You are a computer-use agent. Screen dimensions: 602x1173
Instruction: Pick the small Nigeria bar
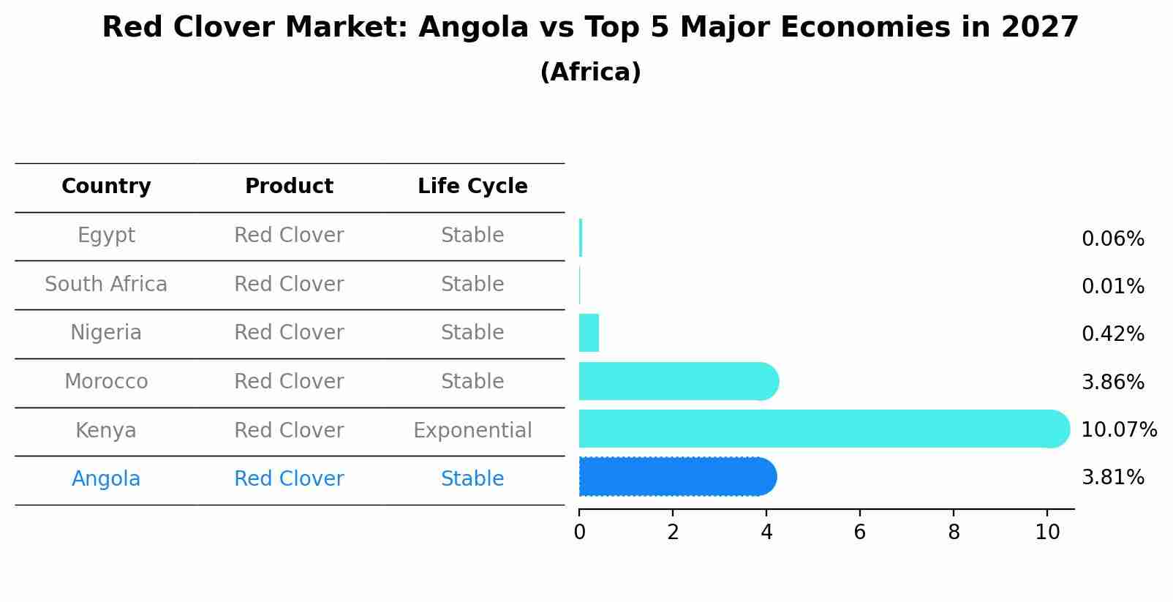[x=589, y=333]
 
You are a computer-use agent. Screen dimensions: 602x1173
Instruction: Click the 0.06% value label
[x=1112, y=239]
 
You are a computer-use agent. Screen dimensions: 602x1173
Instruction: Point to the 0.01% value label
[x=1112, y=287]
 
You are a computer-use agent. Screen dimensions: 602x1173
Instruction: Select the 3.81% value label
[x=1112, y=478]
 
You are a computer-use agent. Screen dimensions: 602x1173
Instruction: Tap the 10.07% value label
[x=1118, y=429]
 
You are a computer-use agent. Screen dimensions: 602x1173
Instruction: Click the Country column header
[x=106, y=187]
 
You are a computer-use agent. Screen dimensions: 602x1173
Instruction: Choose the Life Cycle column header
[x=472, y=187]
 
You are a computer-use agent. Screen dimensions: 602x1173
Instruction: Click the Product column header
[x=289, y=187]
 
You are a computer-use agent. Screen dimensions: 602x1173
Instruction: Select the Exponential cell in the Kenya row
[x=472, y=430]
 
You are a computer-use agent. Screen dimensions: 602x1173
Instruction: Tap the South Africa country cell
[x=106, y=284]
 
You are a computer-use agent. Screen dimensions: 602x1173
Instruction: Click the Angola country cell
[x=106, y=479]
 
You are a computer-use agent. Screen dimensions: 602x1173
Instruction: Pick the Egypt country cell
[x=106, y=236]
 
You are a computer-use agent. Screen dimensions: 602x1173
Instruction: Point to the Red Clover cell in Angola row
[x=289, y=479]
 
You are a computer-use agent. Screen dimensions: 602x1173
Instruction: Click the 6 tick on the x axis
[x=860, y=532]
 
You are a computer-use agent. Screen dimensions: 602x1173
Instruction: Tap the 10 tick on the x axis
[x=1047, y=532]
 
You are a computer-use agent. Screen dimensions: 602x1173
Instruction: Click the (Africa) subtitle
[x=590, y=72]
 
